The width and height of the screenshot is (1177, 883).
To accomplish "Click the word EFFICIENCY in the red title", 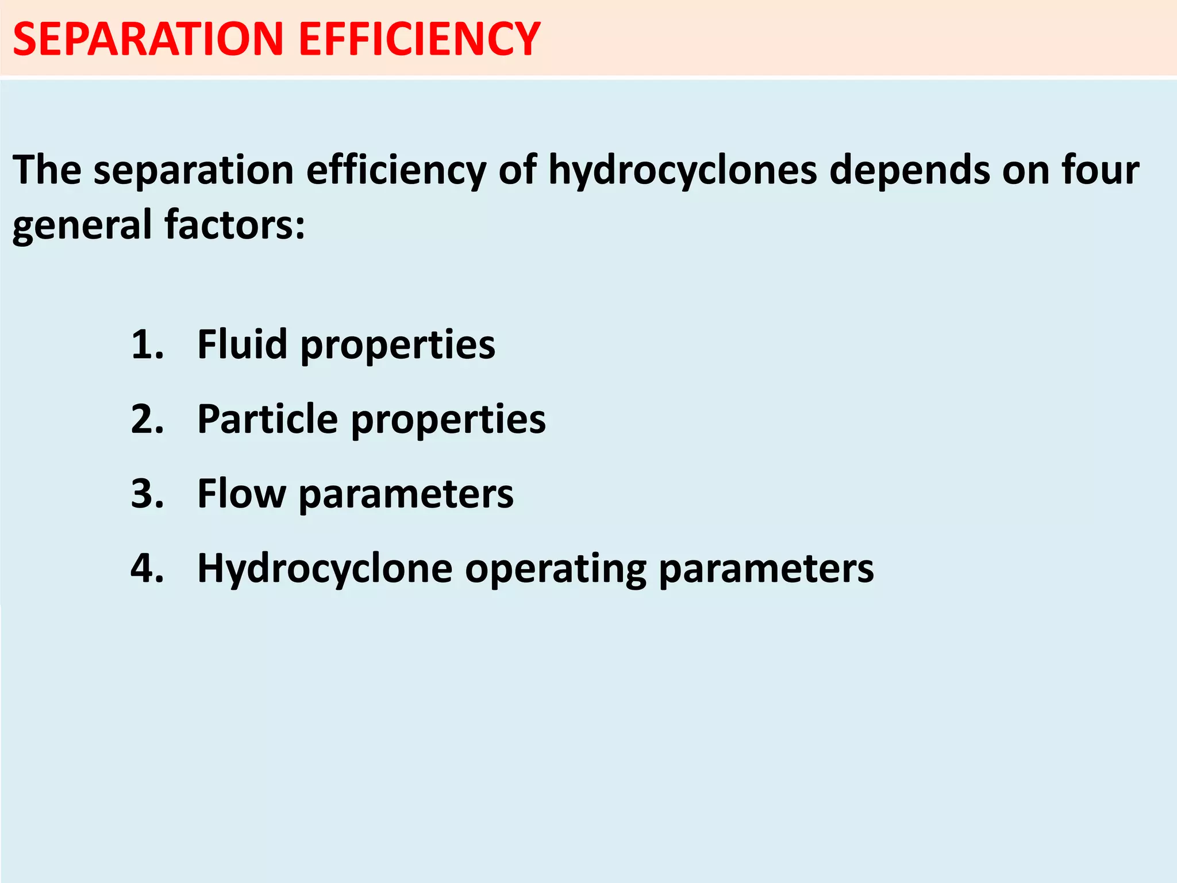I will click(419, 39).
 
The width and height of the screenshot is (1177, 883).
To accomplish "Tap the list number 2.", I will click(147, 419).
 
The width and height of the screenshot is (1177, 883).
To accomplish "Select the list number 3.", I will click(147, 494).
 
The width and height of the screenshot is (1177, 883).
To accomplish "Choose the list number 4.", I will click(147, 569).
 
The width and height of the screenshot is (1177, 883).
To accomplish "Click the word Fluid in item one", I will click(242, 344).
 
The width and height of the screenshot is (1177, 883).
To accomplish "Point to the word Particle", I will click(267, 419).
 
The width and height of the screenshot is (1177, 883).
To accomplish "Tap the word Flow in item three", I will click(241, 494).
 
